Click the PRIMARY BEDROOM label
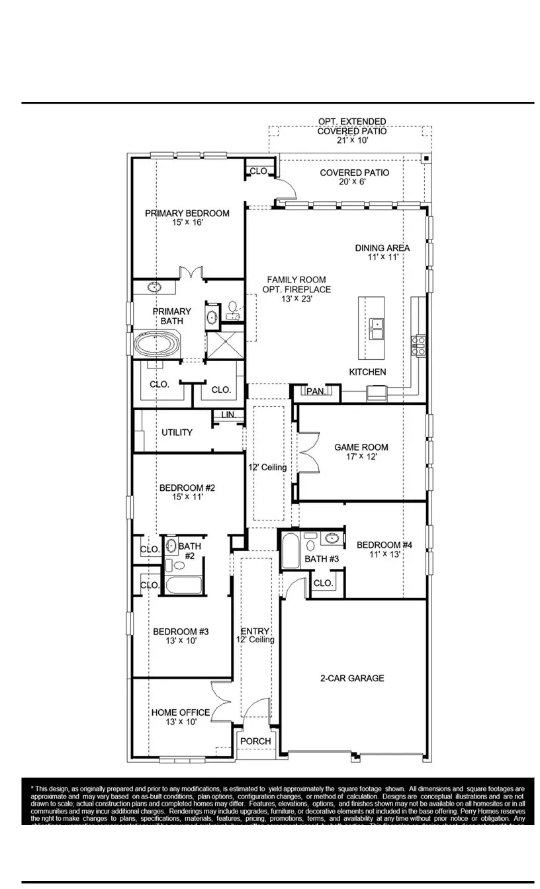[187, 213]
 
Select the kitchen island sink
[377, 327]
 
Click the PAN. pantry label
[316, 392]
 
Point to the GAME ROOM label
[361, 447]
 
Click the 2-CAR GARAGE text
[352, 678]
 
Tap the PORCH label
[255, 741]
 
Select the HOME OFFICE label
[181, 712]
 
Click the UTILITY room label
[177, 432]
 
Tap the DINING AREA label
[382, 248]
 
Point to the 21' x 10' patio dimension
[351, 140]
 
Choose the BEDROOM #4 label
[384, 545]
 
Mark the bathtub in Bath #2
[183, 585]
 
